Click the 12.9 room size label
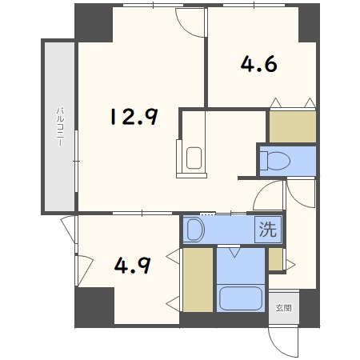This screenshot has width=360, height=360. [133, 118]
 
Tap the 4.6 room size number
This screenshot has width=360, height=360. [258, 63]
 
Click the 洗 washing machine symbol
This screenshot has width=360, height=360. [268, 230]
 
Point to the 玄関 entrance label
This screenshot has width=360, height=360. [283, 307]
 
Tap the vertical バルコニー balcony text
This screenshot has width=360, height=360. [59, 127]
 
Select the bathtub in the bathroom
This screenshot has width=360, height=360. [239, 298]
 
